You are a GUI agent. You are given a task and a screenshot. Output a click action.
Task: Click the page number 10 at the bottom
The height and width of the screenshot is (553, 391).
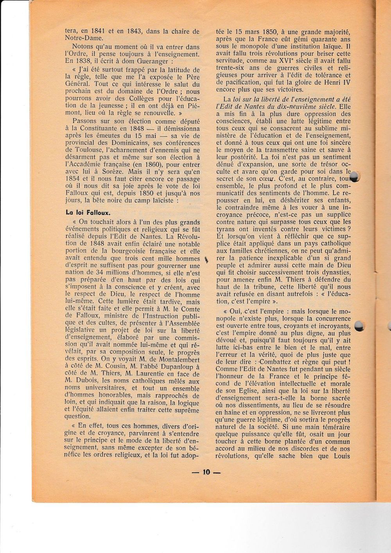[206, 472]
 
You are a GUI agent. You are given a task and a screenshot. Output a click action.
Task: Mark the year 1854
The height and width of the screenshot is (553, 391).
[74, 179]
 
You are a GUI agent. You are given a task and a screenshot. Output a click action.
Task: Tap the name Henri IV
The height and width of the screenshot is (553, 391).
[337, 82]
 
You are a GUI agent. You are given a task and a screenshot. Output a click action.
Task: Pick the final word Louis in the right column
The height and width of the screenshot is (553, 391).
[341, 456]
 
